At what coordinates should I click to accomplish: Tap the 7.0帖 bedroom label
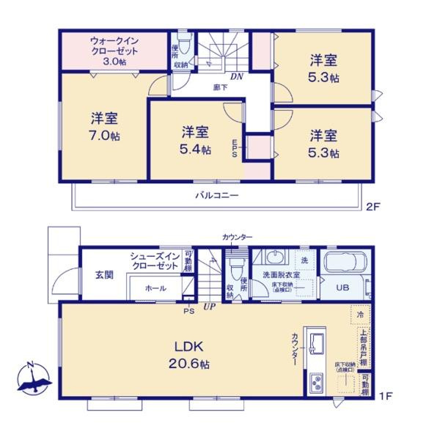tap(106, 126)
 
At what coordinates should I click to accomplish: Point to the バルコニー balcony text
tap(216, 195)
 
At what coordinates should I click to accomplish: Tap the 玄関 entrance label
tap(103, 275)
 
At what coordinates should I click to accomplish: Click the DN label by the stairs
tap(237, 76)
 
